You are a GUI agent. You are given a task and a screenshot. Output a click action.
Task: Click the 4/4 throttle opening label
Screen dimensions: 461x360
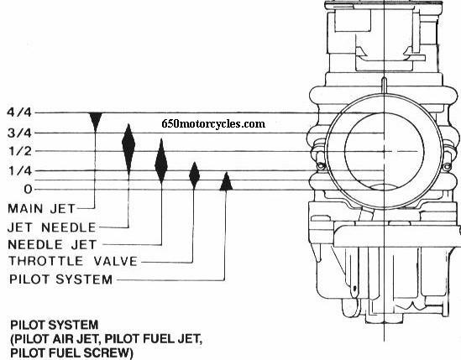click(19, 112)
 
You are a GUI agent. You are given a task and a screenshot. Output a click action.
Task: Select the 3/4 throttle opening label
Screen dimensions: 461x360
click(19, 133)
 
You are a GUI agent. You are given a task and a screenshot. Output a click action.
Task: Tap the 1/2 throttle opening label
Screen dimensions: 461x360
click(20, 151)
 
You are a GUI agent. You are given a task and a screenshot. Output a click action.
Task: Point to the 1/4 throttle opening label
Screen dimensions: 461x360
click(20, 170)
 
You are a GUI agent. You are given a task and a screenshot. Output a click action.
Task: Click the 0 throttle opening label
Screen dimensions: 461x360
click(28, 189)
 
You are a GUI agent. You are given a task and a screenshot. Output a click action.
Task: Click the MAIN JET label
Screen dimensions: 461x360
click(42, 209)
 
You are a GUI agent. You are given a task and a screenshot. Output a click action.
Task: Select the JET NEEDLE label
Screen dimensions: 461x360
click(52, 227)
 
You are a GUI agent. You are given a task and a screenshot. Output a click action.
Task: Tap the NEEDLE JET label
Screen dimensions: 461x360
click(52, 244)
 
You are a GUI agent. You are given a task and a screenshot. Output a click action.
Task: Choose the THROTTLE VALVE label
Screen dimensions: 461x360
click(73, 261)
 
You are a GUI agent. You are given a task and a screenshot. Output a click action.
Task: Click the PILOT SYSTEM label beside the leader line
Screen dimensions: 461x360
click(60, 279)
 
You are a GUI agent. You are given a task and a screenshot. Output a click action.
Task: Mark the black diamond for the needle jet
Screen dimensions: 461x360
click(161, 161)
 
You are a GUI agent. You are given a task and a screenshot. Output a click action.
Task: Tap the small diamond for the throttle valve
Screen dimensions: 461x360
click(194, 175)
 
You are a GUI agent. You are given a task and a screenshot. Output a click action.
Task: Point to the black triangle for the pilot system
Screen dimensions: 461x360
click(226, 181)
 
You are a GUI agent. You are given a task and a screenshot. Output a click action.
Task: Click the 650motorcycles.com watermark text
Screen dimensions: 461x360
click(213, 123)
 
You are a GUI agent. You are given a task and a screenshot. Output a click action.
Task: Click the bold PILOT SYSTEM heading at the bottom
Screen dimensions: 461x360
click(55, 325)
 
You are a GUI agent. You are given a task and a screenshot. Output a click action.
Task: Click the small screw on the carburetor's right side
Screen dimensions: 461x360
click(448, 167)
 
